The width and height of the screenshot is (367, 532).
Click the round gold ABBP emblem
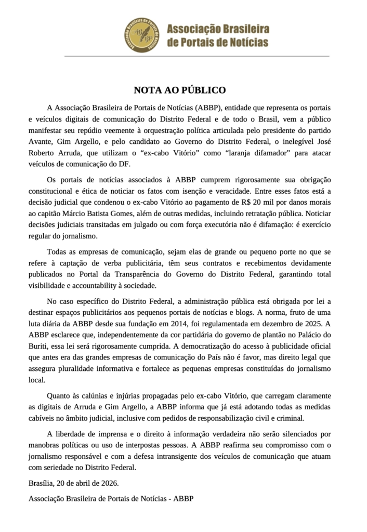[x=142, y=35]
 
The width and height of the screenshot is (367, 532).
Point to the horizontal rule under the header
[x=183, y=56]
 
